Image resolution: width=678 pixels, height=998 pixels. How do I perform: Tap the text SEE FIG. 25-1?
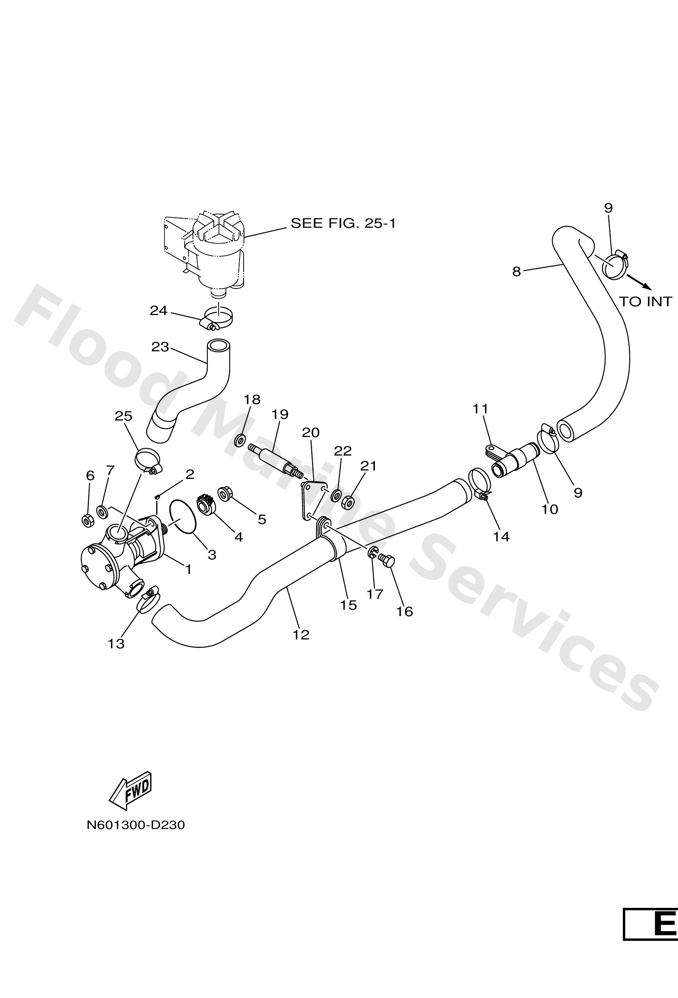coord(343,223)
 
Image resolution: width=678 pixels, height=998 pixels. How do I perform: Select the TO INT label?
coord(645,302)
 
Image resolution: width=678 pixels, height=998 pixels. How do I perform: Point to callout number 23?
coord(160,346)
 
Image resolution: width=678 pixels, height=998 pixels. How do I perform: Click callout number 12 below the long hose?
coord(301,635)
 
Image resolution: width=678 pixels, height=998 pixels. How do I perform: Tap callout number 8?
coord(517,271)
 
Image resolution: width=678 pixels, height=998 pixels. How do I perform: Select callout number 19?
coord(280,414)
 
